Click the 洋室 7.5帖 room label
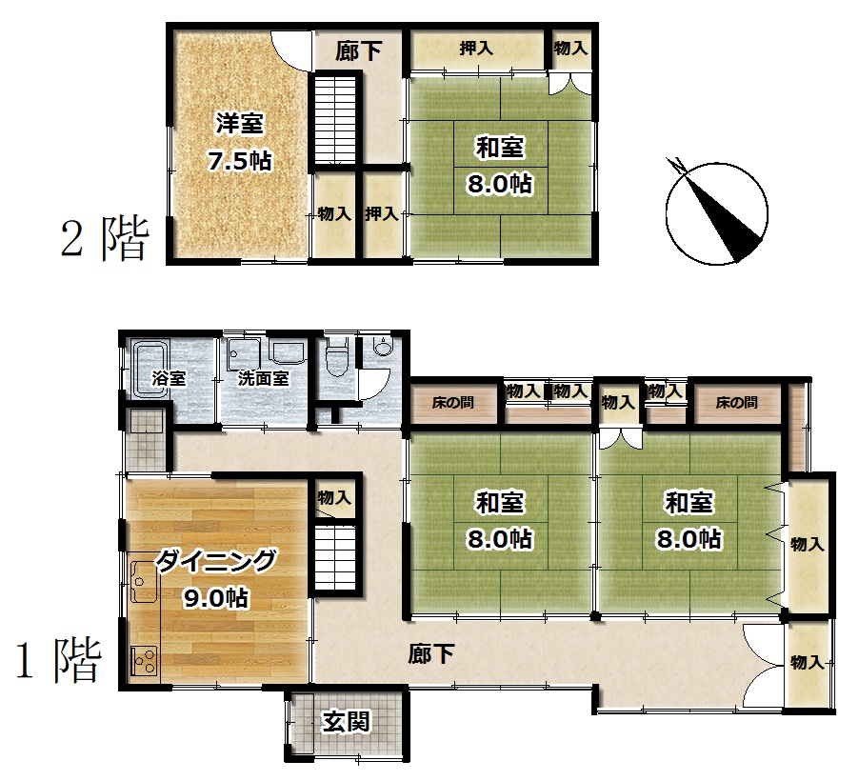pos(240,142)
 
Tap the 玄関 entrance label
pos(346,722)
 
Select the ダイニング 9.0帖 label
pos(216,579)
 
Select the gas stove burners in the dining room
pos(145,662)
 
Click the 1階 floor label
pos(59,661)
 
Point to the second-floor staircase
pos(334,120)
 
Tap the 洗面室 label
pos(263,378)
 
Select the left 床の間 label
pos(452,403)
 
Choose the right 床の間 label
pos(736,403)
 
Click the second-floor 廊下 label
pos(358,51)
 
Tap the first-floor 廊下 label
pos(431,654)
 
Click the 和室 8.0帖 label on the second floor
pos(499,166)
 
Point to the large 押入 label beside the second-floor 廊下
pos(476,49)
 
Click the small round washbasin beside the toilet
pos(382,347)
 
